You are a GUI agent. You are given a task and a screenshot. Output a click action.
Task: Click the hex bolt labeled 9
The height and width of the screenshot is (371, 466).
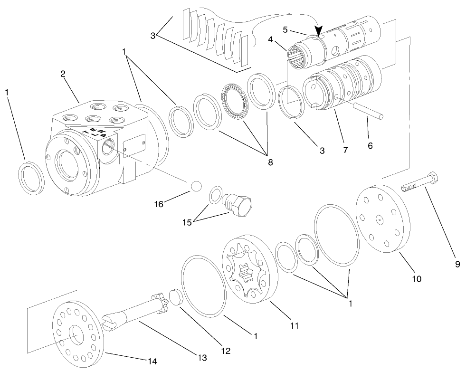coord(419,182)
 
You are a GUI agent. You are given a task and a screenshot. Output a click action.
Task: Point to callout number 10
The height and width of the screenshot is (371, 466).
coord(416,278)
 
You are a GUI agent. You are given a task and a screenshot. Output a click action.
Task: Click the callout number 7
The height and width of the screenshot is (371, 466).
coord(345,150)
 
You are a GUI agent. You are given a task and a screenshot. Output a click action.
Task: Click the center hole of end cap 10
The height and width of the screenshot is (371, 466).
coord(380,219)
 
